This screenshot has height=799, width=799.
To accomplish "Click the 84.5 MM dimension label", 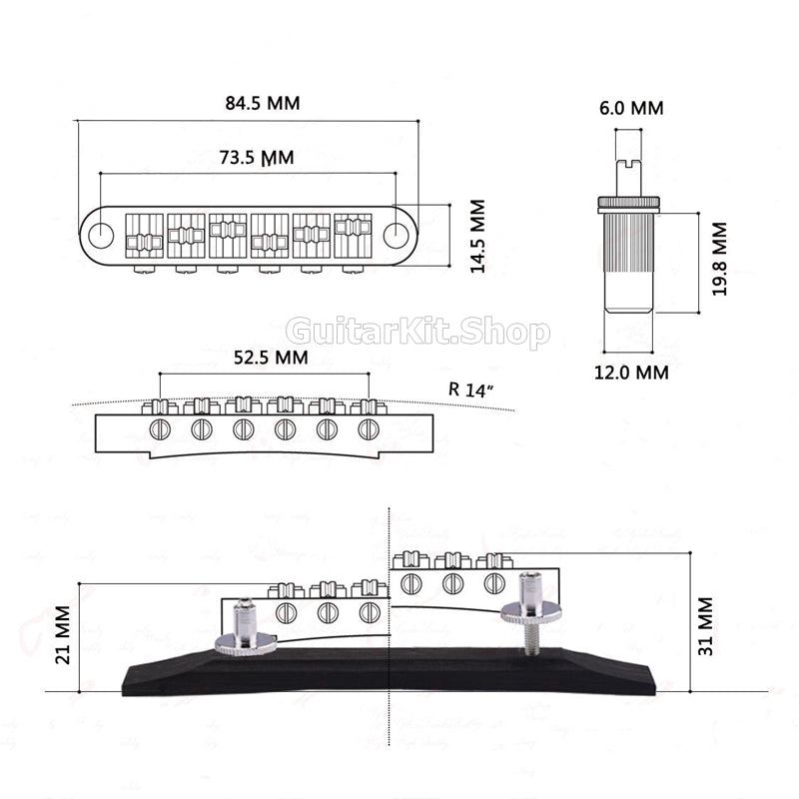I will [x=262, y=103].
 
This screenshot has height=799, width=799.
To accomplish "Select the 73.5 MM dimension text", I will [x=256, y=157].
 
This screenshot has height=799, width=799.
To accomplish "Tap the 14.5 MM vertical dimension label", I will [x=477, y=237].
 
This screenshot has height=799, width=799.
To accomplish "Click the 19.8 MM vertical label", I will [x=719, y=259].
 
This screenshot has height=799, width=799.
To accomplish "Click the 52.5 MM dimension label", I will [x=270, y=357].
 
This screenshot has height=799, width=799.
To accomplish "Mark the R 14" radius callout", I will [x=471, y=390].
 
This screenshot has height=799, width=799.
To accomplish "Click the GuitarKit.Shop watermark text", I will [x=417, y=332].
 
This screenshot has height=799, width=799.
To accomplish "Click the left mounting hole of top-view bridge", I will [x=101, y=236].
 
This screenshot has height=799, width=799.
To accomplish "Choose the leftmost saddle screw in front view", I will [x=159, y=429].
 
